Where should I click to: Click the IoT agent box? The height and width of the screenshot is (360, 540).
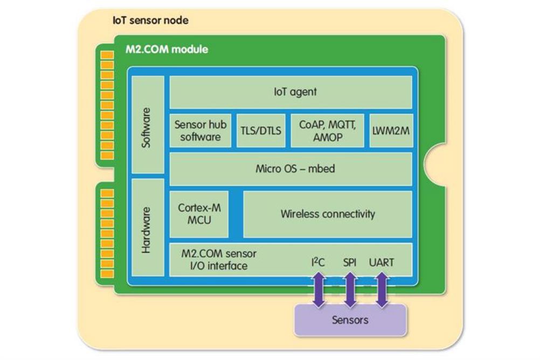[x=290, y=92]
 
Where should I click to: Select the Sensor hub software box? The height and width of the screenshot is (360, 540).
[x=200, y=130]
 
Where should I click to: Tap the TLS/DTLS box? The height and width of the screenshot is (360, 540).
[x=261, y=130]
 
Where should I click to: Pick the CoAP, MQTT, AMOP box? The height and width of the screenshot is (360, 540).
[x=327, y=130]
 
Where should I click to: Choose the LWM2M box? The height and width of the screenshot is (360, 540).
[x=391, y=130]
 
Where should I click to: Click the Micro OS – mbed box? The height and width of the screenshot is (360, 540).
[x=290, y=169]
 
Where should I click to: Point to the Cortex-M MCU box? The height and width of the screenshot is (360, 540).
[x=199, y=214]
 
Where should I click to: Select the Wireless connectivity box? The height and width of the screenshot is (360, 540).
[x=328, y=214]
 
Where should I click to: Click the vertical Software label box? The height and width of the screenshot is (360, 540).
[x=148, y=124]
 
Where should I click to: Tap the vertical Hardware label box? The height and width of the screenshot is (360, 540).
[x=148, y=227]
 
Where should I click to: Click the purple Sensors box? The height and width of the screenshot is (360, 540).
[x=350, y=320]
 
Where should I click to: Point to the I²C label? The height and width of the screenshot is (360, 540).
[x=318, y=262]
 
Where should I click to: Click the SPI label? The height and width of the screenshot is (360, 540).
[x=350, y=262]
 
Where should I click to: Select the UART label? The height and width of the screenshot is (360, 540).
[x=382, y=262]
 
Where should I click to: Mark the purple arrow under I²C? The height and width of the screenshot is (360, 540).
[x=319, y=289]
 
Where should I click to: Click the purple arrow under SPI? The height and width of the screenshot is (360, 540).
[x=350, y=289]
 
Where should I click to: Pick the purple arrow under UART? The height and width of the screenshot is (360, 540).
[x=382, y=289]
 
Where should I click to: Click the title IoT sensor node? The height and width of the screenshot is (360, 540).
[x=150, y=20]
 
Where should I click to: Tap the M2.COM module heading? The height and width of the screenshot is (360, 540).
[x=167, y=49]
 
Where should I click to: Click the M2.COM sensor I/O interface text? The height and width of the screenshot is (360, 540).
[x=219, y=260]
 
